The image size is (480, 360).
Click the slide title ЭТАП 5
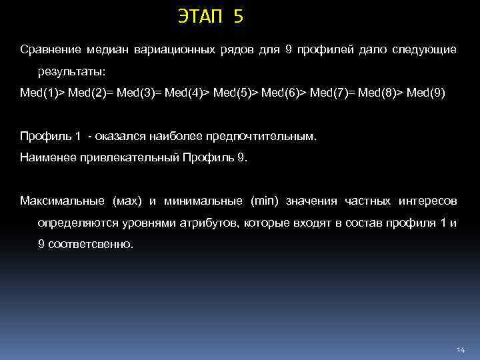211,17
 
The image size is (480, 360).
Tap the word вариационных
175,50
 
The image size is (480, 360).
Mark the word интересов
427,201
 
